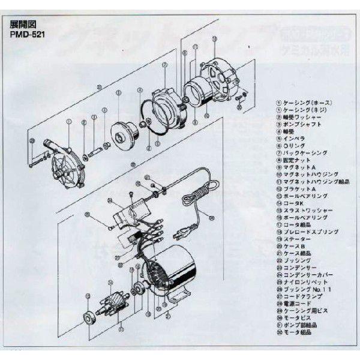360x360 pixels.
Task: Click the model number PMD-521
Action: coord(25,34)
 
